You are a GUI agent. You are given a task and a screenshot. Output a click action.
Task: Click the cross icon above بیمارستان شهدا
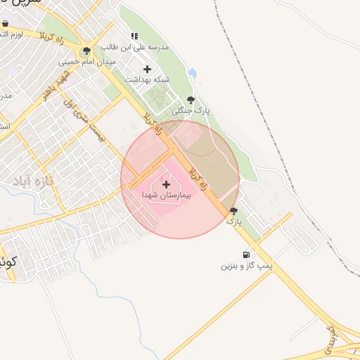166,184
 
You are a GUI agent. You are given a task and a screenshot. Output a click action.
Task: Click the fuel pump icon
245,255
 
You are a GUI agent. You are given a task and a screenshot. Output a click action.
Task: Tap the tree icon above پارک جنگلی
191,99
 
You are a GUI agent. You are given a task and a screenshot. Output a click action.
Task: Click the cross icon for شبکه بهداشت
147,69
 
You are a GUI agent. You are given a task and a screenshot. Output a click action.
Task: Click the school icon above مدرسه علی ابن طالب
134,36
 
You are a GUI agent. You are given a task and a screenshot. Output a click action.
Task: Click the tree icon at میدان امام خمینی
86,51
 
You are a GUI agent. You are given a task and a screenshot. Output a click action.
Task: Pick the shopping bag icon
5,23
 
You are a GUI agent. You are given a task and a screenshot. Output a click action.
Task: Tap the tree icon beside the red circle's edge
233,210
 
